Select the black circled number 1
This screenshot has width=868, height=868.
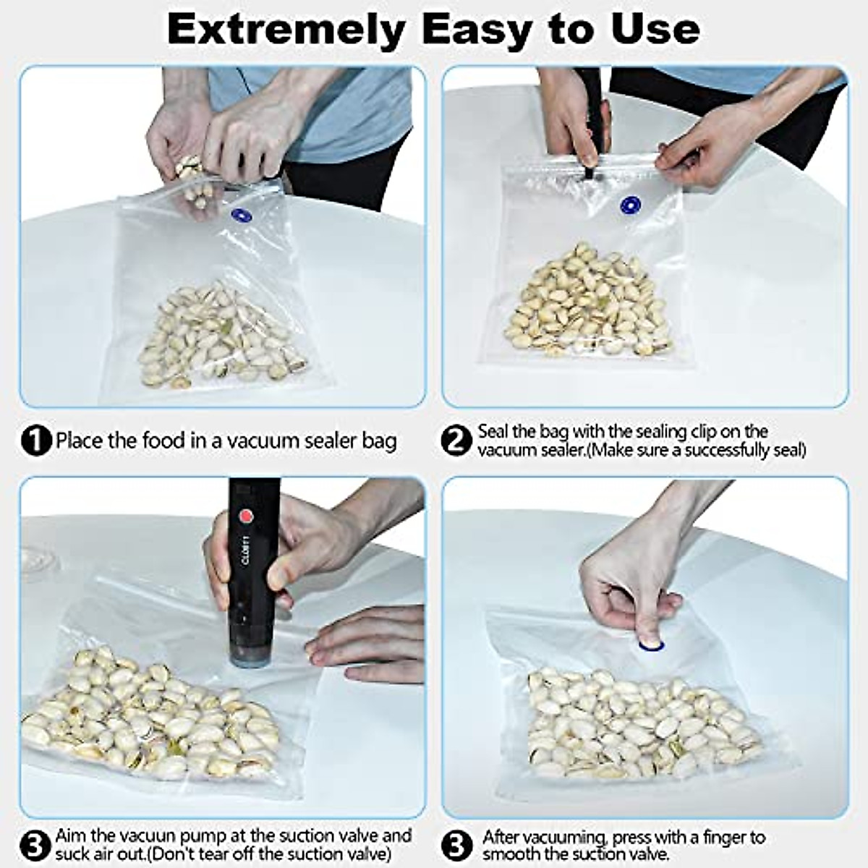coord(37,441)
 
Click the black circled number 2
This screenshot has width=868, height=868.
coord(456,441)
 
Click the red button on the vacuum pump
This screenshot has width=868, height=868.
coord(247,516)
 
